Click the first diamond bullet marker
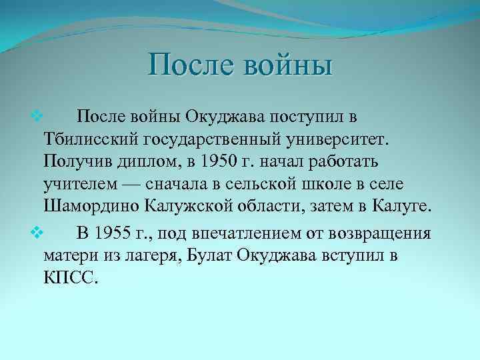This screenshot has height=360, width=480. tap(37, 117)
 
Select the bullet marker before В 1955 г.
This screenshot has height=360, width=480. tap(37, 233)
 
